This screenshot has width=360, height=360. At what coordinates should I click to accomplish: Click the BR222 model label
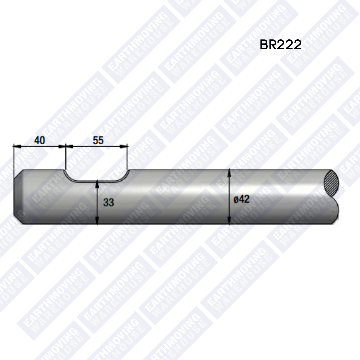click(280, 45)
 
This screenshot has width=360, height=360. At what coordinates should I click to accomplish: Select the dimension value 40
click(40, 140)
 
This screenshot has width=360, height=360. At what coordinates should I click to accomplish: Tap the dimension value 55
click(98, 140)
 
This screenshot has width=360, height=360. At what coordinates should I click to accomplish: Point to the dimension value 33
click(108, 202)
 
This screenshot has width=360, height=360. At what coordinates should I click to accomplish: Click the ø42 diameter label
click(241, 199)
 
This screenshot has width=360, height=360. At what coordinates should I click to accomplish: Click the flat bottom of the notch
click(97, 181)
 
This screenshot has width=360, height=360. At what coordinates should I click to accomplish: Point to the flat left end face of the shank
click(14, 197)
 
